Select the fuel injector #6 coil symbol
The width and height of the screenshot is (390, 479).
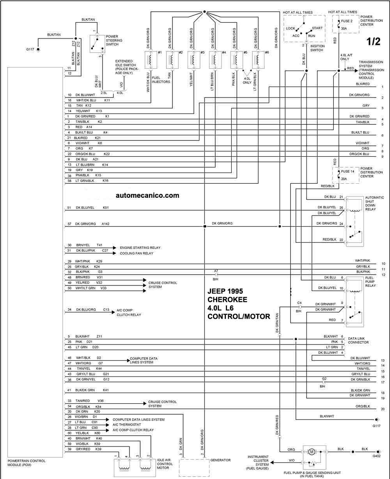[x=258, y=60]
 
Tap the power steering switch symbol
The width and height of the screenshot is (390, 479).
[x=97, y=44]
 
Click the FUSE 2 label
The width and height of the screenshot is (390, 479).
[x=347, y=21]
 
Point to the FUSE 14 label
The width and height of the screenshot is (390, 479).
[x=347, y=171]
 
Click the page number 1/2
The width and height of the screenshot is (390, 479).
[x=373, y=41]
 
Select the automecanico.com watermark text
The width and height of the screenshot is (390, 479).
[x=147, y=195]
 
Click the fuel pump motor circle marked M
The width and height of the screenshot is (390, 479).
[x=312, y=452]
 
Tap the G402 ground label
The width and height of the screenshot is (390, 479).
[x=376, y=456]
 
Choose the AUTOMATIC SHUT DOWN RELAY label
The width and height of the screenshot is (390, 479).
[x=374, y=203]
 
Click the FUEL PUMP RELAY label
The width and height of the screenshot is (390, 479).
[x=370, y=282]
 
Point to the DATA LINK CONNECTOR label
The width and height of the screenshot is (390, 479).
[x=358, y=341]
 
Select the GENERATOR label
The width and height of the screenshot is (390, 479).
[x=220, y=460]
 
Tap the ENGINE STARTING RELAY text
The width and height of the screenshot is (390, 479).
[x=140, y=248]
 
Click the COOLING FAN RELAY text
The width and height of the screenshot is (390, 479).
[x=136, y=253]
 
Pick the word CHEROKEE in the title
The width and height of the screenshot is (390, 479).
[x=227, y=300]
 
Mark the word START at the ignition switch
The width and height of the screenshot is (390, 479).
[x=317, y=28]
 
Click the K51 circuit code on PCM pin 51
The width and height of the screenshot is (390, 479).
[x=106, y=208]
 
